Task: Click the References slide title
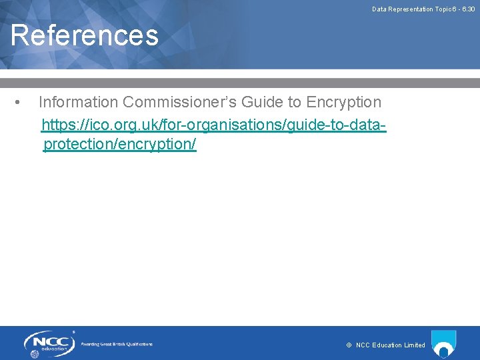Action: (85, 35)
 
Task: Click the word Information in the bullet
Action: (79, 102)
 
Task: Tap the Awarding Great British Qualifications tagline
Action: (117, 344)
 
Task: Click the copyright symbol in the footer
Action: (349, 345)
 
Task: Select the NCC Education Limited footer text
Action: (390, 345)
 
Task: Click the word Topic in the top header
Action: (443, 9)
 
